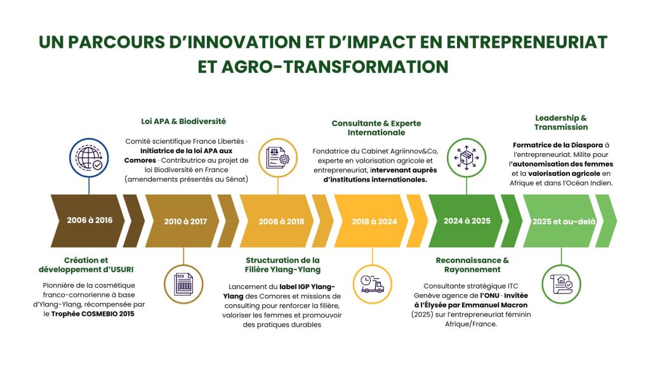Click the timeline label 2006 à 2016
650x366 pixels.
pos(90,220)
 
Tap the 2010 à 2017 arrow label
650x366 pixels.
pos(185,222)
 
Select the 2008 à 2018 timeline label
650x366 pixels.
pos(281,222)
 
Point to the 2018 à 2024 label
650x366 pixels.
pos(375,222)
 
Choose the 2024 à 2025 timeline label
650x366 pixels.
pos(467,220)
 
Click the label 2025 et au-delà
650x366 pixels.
pos(564,222)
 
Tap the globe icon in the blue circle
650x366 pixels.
pos(89,158)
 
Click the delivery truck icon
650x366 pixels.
pos(372,284)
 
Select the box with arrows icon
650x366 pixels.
pos(467,158)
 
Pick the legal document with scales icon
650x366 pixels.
pos(278,158)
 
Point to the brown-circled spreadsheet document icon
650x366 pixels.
pos(183,284)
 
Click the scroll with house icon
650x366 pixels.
pos(561,284)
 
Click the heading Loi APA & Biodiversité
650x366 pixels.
pos(183,121)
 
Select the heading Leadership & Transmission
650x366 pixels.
pos(561,123)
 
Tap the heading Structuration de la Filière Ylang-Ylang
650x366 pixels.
pos(282,265)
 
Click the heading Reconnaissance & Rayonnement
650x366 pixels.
pos(472,265)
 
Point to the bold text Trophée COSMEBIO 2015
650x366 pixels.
pos(93,314)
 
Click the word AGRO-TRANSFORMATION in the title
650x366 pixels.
pos(335,67)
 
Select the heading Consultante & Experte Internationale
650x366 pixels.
pos(376,128)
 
